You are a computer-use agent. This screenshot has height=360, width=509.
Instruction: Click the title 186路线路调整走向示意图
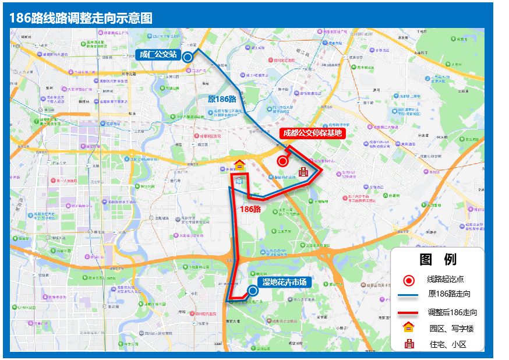(x=81, y=18)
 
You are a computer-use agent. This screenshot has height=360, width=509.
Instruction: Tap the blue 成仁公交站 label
(x=157, y=55)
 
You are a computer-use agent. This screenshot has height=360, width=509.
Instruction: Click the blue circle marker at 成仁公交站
(x=188, y=57)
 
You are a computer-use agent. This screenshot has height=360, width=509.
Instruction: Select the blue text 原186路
(x=222, y=99)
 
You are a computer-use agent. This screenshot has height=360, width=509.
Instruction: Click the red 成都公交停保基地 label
(x=312, y=133)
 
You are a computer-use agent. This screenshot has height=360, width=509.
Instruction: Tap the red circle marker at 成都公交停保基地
(x=283, y=161)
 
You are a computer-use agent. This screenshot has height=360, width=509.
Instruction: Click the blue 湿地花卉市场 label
(x=283, y=283)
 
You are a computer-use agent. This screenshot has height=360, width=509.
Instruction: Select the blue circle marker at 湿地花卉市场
(x=253, y=290)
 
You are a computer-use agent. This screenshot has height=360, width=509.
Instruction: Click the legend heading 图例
(x=437, y=260)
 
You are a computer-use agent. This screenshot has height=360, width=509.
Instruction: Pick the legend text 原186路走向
(x=449, y=294)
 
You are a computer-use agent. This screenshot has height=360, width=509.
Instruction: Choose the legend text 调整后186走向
(x=453, y=313)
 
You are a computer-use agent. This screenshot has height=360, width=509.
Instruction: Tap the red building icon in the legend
(x=409, y=344)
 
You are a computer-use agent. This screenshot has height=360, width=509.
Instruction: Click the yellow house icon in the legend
(x=409, y=327)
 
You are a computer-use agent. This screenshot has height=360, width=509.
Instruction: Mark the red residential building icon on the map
(x=303, y=172)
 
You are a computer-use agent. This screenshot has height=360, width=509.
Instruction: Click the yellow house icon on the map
(x=239, y=165)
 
